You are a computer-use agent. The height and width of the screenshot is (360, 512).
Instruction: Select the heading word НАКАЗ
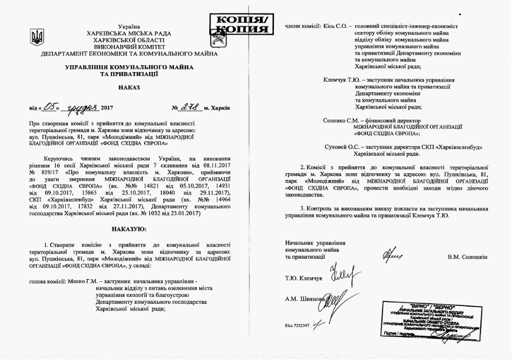pos(129,88)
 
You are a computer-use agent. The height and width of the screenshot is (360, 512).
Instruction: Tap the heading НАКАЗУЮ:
pos(129,228)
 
